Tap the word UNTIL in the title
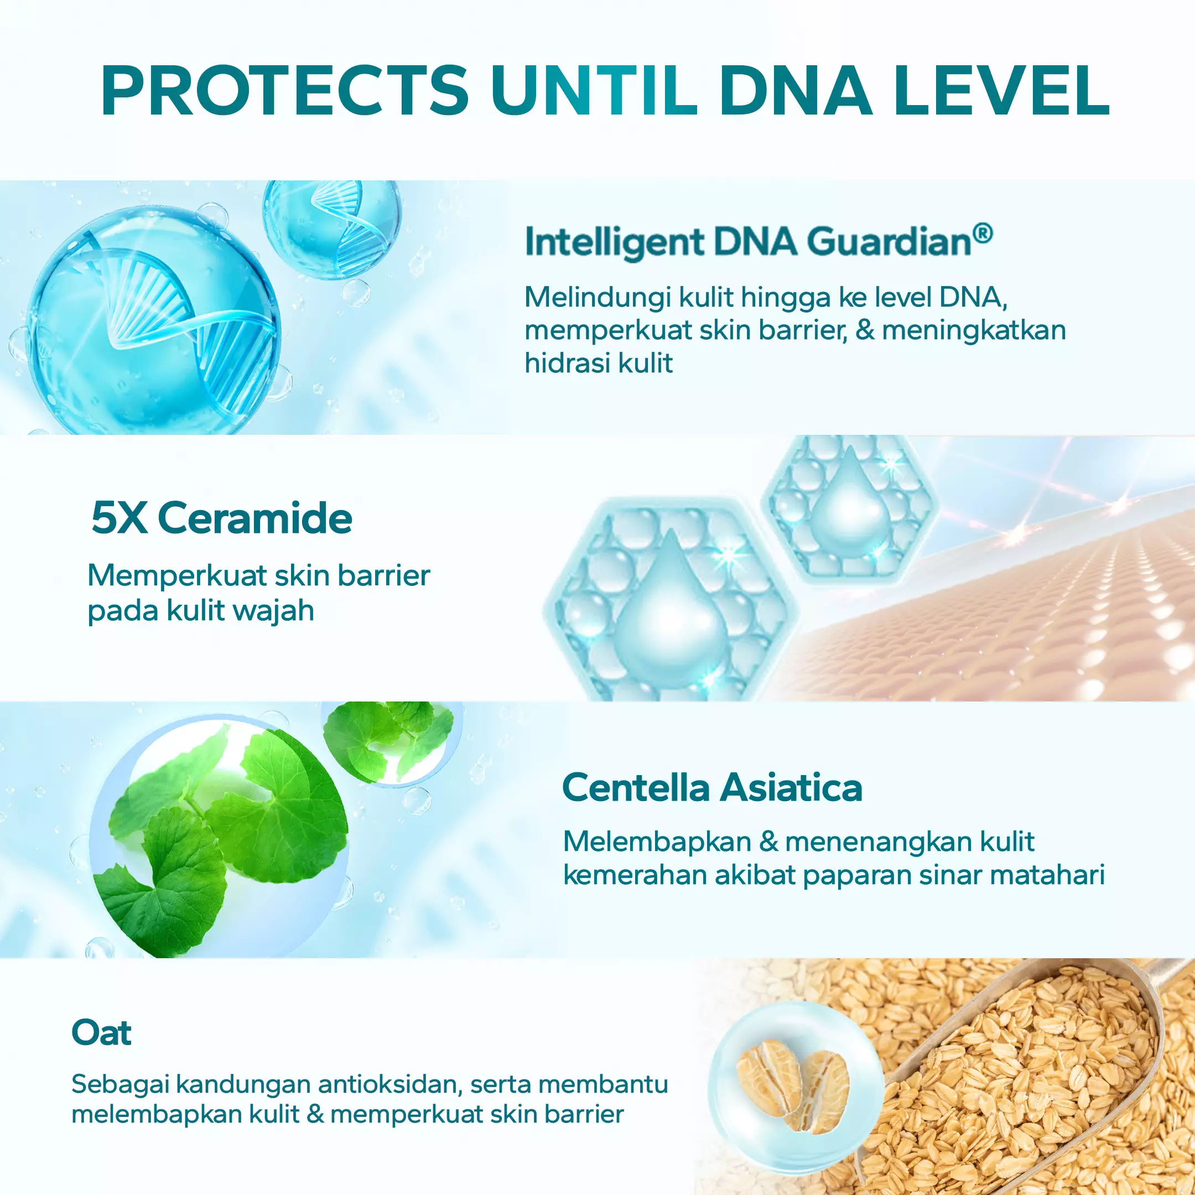(594, 90)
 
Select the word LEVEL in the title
(1002, 90)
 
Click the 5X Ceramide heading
(221, 518)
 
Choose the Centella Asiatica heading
(712, 788)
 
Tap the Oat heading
(101, 1032)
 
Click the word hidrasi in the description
(567, 362)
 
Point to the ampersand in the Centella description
(769, 842)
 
